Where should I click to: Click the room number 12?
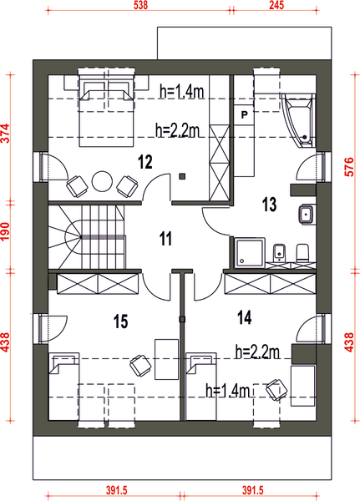click(x=145, y=162)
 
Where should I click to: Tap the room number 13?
click(x=269, y=205)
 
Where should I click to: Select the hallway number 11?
click(x=165, y=239)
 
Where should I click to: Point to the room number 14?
click(x=245, y=317)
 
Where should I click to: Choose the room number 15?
click(x=120, y=321)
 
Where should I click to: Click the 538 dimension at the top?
click(x=140, y=6)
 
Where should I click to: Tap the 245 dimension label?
click(x=276, y=6)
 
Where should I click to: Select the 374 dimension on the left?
click(x=6, y=133)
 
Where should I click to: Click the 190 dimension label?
click(x=6, y=231)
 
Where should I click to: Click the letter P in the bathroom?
click(x=244, y=114)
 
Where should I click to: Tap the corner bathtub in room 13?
click(x=299, y=120)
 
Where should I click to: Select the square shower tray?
click(x=250, y=252)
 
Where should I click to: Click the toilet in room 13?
click(x=302, y=253)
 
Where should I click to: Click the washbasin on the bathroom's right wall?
click(x=307, y=214)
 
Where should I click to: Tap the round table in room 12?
click(x=102, y=181)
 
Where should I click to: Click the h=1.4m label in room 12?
click(x=181, y=92)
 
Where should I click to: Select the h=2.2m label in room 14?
click(x=257, y=352)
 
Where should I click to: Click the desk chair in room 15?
click(x=140, y=365)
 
